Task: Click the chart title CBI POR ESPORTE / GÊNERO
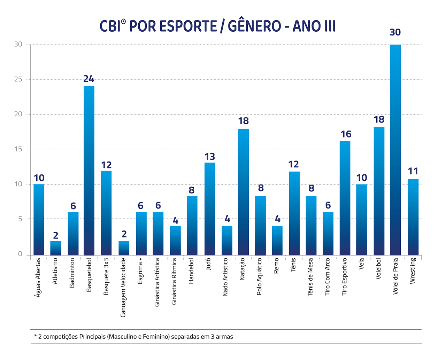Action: (218, 26)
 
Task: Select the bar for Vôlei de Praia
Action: (395, 150)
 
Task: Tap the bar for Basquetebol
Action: (89, 171)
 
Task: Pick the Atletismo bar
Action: (56, 248)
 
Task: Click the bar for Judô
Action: (209, 209)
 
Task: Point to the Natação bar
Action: (244, 191)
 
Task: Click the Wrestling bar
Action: (413, 217)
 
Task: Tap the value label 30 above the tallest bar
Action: (395, 32)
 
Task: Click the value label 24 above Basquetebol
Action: (89, 79)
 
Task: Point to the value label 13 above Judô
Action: (209, 157)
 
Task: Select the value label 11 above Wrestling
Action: (413, 171)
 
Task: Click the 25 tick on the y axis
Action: (18, 79)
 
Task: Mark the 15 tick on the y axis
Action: (18, 149)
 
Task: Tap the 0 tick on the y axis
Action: (20, 254)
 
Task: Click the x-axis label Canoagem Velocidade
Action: (123, 288)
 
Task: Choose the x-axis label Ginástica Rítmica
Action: (175, 281)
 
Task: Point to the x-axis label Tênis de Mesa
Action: (310, 277)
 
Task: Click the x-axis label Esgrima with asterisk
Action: (140, 271)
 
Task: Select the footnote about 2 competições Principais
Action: (134, 337)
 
